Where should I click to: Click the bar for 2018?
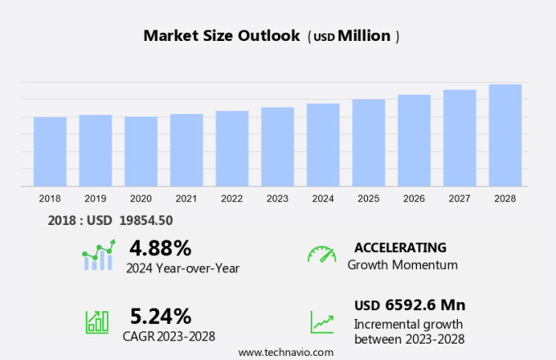(50, 151)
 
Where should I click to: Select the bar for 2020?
(141, 151)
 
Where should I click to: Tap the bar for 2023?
(278, 146)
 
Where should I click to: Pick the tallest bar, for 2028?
(505, 135)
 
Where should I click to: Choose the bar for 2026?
(415, 140)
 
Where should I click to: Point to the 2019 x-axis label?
(96, 199)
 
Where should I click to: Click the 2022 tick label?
(232, 199)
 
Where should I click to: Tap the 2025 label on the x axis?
(369, 199)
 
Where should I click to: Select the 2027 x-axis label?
(460, 199)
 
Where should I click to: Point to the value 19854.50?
(144, 220)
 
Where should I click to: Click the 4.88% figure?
(160, 247)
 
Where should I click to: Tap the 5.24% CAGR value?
(161, 316)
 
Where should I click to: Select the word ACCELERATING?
(400, 247)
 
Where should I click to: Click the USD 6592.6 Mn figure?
(410, 305)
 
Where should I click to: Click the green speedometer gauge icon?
(321, 254)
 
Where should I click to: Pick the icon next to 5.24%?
(97, 321)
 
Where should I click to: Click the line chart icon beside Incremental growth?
(321, 321)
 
